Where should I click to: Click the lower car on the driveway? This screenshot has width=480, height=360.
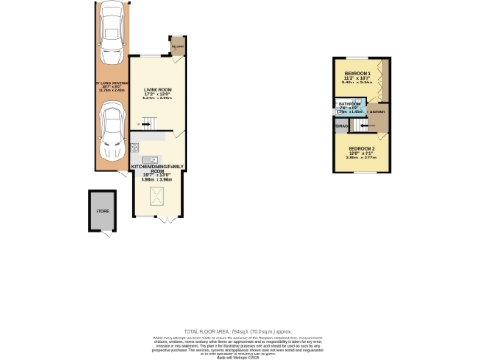112,132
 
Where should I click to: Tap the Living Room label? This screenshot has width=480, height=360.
157,90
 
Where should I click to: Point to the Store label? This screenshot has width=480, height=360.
102,213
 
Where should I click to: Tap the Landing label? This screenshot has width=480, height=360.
378,114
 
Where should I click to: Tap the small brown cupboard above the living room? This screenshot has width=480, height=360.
176,45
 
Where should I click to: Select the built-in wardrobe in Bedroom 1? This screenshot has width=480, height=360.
384,78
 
